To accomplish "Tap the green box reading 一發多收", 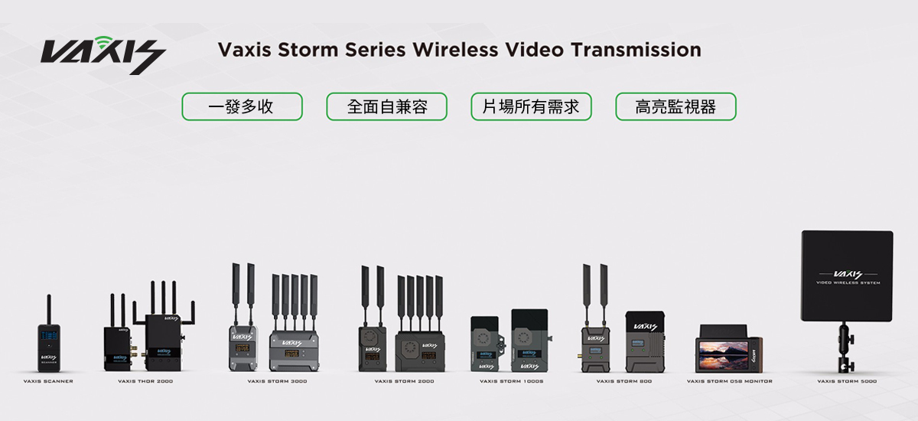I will pyautogui.click(x=242, y=107).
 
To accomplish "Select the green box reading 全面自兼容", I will pyautogui.click(x=386, y=107).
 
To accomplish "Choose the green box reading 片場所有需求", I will pyautogui.click(x=531, y=107).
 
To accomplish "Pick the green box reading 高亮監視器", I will pyautogui.click(x=675, y=107).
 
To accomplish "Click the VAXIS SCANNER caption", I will pyautogui.click(x=48, y=381).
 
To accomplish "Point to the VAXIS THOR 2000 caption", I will pyautogui.click(x=145, y=381).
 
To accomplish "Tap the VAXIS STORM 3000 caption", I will pyautogui.click(x=277, y=381).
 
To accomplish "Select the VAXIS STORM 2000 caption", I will pyautogui.click(x=404, y=381).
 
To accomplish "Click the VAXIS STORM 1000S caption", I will pyautogui.click(x=512, y=381).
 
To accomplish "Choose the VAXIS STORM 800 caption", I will pyautogui.click(x=624, y=381).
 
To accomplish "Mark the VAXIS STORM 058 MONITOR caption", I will pyautogui.click(x=729, y=381).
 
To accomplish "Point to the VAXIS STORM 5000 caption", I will pyautogui.click(x=847, y=381).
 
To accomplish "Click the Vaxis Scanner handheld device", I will pyautogui.click(x=48, y=348).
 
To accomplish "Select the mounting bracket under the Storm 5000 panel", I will pyautogui.click(x=846, y=348).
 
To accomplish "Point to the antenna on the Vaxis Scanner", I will pyautogui.click(x=48, y=308).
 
